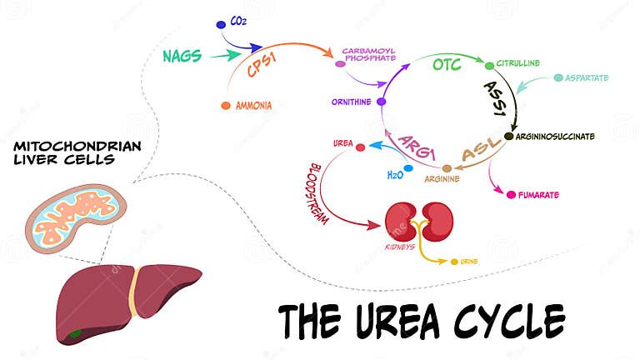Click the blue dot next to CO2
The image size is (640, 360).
tap(220, 26)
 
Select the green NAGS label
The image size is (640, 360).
tap(182, 56)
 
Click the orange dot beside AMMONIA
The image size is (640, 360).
tap(226, 106)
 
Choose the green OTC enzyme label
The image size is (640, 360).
tap(446, 63)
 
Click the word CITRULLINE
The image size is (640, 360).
tap(519, 63)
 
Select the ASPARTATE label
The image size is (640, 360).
tap(587, 78)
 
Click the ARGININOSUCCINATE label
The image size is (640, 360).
tap(555, 136)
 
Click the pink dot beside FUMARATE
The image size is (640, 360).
tap(511, 195)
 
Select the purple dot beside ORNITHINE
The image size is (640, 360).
tap(381, 102)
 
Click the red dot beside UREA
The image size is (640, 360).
tap(360, 147)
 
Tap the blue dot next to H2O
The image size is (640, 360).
tap(408, 168)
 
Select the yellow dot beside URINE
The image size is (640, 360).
tap(454, 262)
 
